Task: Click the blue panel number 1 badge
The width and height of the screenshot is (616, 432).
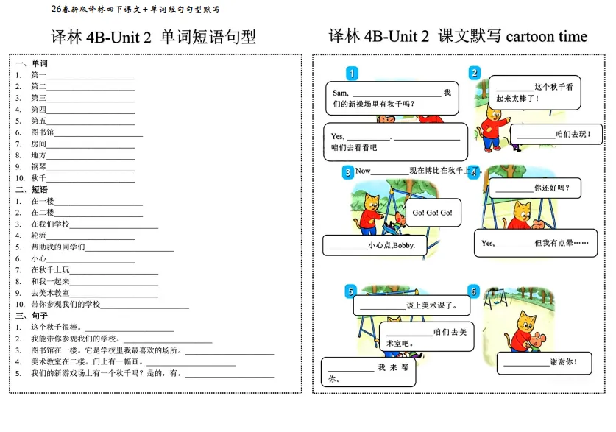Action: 353,73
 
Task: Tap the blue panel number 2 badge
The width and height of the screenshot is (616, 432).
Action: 475,73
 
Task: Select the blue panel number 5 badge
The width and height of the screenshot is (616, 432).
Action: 350,291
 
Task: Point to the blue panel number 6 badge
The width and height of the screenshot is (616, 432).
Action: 473,291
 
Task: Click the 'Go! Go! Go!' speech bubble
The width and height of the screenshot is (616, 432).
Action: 433,213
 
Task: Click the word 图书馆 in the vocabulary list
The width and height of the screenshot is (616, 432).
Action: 43,132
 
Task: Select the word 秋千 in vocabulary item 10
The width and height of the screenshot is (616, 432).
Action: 38,178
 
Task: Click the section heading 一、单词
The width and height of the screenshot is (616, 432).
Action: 32,64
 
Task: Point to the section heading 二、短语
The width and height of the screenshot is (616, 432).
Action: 32,189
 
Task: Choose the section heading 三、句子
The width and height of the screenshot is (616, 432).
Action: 32,315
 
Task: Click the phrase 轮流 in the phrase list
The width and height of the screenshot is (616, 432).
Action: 38,236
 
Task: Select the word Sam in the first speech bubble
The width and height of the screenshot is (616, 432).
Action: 339,93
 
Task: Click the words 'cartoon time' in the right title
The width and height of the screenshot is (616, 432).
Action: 547,36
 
